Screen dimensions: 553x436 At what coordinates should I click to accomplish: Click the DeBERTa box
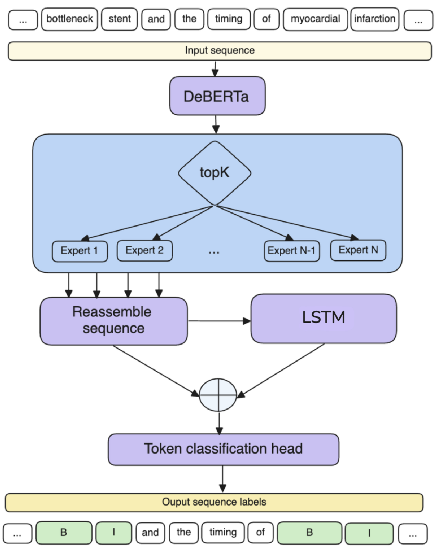tap(217, 96)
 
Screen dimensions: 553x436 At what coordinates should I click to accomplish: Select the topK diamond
tap(214, 173)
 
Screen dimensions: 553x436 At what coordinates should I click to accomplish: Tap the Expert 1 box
tap(79, 251)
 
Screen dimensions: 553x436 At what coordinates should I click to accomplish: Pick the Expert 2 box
tap(144, 250)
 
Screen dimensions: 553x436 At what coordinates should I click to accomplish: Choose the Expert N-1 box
tap(292, 251)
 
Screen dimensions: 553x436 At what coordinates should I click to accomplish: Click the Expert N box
tap(358, 250)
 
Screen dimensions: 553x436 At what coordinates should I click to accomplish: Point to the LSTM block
tap(323, 318)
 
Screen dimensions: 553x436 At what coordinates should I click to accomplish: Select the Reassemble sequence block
tap(113, 320)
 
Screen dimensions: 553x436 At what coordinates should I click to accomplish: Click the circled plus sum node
tap(218, 394)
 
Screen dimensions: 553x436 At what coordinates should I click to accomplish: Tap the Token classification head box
tap(223, 449)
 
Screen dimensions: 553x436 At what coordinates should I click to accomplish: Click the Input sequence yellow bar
tap(219, 51)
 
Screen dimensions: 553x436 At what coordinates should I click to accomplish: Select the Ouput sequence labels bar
tap(214, 502)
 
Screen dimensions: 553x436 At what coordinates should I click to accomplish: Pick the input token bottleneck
tap(69, 19)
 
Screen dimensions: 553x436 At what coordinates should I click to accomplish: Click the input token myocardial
tap(315, 19)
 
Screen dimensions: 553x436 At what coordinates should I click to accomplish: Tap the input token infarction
tap(375, 19)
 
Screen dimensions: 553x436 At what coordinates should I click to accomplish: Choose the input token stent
tap(119, 19)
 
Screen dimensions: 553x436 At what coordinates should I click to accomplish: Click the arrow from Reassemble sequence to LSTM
tap(219, 321)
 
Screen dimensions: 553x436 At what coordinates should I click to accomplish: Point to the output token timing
tap(223, 532)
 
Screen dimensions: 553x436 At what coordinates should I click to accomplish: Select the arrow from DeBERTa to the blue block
tap(216, 124)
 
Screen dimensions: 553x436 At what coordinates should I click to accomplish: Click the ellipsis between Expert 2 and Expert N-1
tap(214, 252)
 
